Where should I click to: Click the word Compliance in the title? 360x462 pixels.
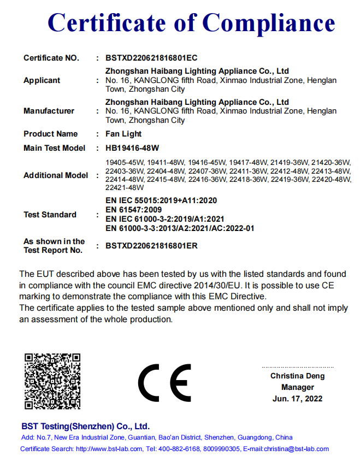pyautogui.click(x=269, y=23)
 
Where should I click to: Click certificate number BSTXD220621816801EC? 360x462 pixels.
pyautogui.click(x=151, y=58)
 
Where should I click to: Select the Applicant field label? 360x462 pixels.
pyautogui.click(x=42, y=80)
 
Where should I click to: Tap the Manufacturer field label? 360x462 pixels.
pyautogui.click(x=49, y=111)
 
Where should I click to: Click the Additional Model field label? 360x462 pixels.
pyautogui.click(x=55, y=175)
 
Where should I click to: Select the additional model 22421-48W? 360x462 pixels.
pyautogui.click(x=121, y=187)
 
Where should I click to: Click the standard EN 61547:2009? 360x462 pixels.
pyautogui.click(x=133, y=210)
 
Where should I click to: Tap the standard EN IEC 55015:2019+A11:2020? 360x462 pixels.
pyautogui.click(x=161, y=200)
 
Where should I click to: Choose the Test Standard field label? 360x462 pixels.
pyautogui.click(x=50, y=215)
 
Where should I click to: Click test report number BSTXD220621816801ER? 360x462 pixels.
pyautogui.click(x=151, y=246)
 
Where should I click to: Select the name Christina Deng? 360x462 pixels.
pyautogui.click(x=297, y=376)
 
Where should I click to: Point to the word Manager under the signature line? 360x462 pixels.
pyautogui.click(x=298, y=387)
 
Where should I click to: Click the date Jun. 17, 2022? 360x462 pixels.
pyautogui.click(x=297, y=399)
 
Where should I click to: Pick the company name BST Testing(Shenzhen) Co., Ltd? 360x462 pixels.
pyautogui.click(x=85, y=427)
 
